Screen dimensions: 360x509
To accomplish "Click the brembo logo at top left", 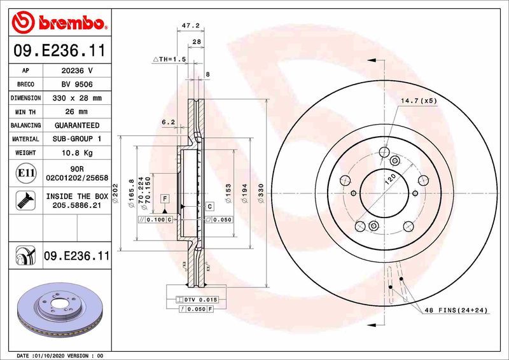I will pos(58,23).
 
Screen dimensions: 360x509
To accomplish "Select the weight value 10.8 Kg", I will pos(77,153).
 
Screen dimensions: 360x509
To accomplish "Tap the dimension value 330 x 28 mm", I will pos(77,99).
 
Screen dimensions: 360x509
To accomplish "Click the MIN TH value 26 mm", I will pos(77,112).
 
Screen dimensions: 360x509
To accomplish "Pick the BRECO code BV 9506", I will pos(77,85).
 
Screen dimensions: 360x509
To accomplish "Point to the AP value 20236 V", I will pos(77,71).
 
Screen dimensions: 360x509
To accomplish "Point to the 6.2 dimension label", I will pos(168,121).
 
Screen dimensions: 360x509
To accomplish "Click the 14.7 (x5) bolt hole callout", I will pos(418,101).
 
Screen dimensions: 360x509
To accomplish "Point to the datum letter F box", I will pos(164,199).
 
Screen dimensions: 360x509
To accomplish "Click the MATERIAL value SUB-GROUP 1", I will pos(77,139).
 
